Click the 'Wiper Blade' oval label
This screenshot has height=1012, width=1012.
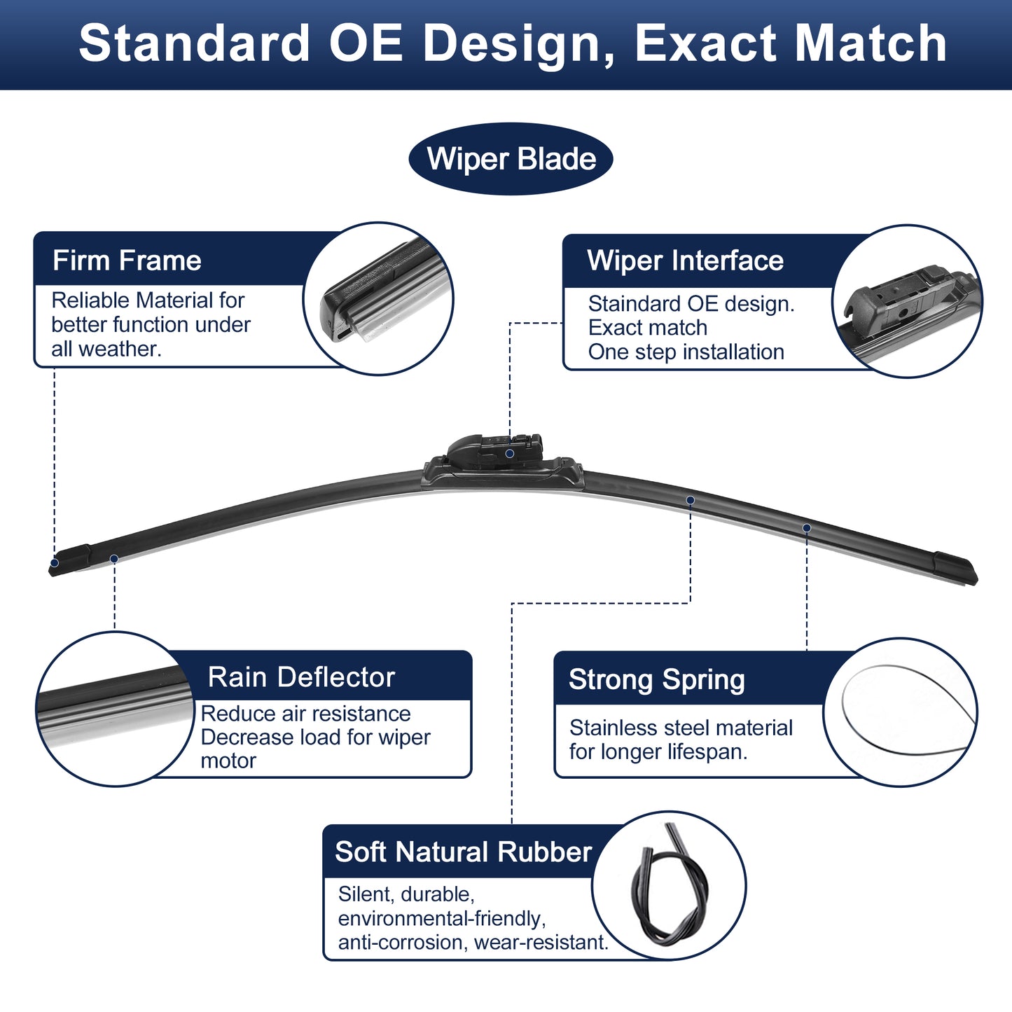tap(511, 158)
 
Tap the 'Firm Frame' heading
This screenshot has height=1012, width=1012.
tap(127, 261)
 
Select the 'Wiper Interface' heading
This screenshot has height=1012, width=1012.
tap(686, 261)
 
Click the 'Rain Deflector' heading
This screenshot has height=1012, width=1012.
tap(301, 677)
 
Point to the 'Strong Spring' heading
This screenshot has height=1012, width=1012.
tap(657, 680)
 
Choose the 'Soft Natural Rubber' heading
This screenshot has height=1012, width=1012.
tap(463, 852)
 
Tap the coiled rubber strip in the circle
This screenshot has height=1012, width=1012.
tap(670, 883)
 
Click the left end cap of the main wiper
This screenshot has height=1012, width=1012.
tap(70, 560)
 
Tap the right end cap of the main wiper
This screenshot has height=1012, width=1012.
tap(955, 569)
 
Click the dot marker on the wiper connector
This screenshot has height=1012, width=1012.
tap(509, 453)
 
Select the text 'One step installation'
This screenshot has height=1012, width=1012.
tap(686, 352)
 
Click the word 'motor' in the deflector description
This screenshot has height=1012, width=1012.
tap(228, 761)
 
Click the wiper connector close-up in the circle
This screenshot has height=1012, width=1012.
tap(908, 301)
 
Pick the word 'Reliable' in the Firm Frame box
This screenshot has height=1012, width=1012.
tap(90, 300)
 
